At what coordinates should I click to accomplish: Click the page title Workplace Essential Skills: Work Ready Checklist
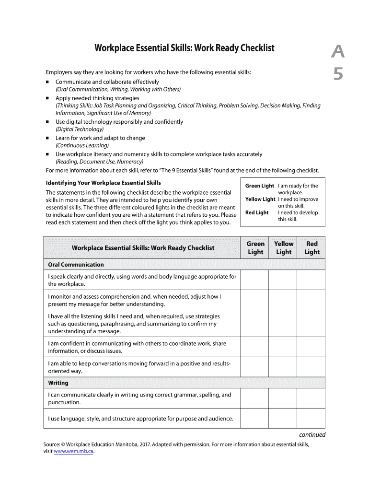click(184, 48)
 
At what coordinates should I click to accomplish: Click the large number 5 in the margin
click(338, 74)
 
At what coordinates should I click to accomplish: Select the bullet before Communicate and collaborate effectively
click(48, 82)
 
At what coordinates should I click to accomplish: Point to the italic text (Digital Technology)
click(80, 129)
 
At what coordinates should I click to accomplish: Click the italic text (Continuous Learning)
click(82, 145)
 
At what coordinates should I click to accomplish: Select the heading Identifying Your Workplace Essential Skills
click(103, 183)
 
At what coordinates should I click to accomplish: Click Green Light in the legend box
click(259, 186)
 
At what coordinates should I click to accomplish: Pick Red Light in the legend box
click(257, 213)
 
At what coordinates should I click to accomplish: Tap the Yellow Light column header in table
click(283, 247)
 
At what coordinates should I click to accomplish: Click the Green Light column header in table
click(255, 247)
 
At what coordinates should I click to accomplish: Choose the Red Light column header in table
click(311, 247)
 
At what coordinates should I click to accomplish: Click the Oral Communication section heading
click(76, 265)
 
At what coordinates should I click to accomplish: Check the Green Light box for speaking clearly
click(254, 280)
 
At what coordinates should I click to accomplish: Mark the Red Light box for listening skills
click(311, 324)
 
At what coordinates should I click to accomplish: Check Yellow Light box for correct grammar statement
click(282, 398)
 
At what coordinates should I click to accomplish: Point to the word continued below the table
click(312, 435)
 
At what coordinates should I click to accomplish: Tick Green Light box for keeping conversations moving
click(254, 367)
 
